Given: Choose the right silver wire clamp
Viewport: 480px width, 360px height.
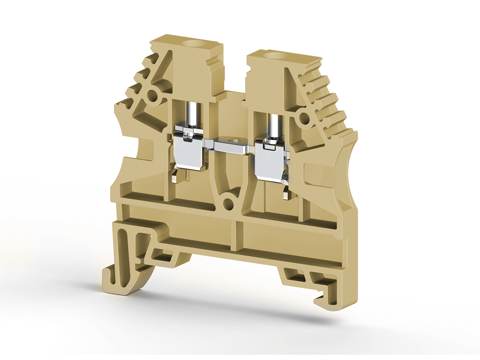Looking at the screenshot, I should tap(271, 161).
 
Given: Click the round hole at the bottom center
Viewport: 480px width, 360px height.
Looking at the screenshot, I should tap(228, 203).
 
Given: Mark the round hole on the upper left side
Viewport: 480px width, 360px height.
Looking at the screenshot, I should tap(152, 96).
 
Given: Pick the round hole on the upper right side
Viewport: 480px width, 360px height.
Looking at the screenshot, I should tap(304, 117).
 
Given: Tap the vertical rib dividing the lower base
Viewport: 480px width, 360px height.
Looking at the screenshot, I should tap(233, 234).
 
